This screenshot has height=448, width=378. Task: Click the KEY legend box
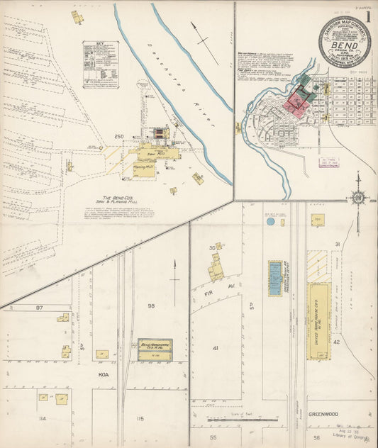coord(101,64)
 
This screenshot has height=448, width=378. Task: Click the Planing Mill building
coord(144,168)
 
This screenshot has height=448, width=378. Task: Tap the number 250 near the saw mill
coord(118,136)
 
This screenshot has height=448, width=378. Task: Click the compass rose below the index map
coord(358,196)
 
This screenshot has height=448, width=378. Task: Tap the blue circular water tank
coord(270,221)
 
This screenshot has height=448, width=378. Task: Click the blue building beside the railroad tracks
coord(275,278)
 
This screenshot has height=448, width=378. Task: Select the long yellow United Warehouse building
coord(319,320)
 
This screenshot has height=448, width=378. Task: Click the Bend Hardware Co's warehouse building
coord(155,349)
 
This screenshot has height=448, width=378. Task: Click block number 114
coord(42,419)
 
